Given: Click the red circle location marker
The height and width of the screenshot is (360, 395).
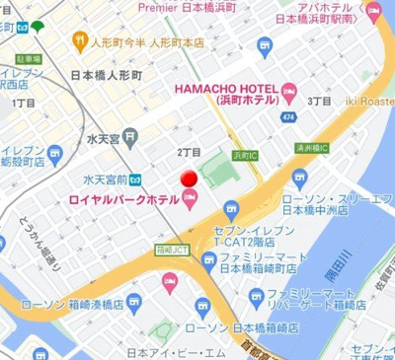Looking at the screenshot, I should (x=187, y=179).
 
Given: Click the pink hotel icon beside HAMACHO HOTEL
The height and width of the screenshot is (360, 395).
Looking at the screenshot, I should (x=288, y=93).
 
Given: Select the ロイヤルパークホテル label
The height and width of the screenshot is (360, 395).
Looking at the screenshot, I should (x=122, y=200).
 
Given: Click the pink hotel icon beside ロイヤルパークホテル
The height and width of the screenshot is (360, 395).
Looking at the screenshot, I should (x=190, y=200).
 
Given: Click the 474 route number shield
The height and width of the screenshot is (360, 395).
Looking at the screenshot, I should (x=288, y=118).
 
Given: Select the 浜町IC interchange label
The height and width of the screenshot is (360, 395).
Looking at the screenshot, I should (x=244, y=155).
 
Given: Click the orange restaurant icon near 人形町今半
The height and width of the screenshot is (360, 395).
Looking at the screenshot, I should (x=81, y=40).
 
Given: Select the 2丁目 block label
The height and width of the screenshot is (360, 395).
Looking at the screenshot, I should (x=189, y=152).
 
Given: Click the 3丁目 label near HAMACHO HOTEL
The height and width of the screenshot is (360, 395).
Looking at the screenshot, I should (x=318, y=101).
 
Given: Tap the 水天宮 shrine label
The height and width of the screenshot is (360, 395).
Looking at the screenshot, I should (x=103, y=138).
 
